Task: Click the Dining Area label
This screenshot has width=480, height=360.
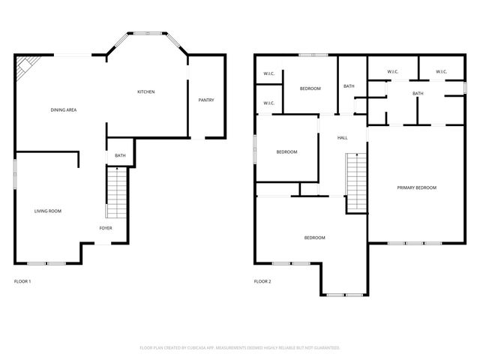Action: (x=64, y=110)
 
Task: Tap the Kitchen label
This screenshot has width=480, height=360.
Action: (x=145, y=92)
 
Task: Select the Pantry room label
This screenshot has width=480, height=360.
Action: (x=206, y=100)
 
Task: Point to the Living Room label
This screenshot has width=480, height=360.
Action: (x=48, y=211)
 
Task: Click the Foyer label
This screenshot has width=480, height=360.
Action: (x=106, y=227)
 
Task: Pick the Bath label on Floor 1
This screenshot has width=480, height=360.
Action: (x=120, y=156)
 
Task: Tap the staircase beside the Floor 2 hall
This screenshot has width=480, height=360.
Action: (x=356, y=182)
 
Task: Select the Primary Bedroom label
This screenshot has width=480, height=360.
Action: (x=416, y=187)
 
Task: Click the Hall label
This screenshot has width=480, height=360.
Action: (x=342, y=138)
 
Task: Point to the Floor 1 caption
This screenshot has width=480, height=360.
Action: (x=22, y=281)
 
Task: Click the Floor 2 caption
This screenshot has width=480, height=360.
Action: (x=262, y=281)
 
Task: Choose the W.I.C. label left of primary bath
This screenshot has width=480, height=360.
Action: (x=392, y=72)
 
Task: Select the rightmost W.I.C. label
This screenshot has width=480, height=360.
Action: (x=441, y=72)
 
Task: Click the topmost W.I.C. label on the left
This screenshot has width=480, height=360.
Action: (x=268, y=73)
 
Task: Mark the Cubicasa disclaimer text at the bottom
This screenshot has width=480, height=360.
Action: (x=240, y=347)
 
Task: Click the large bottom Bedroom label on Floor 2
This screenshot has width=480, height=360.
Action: (x=314, y=238)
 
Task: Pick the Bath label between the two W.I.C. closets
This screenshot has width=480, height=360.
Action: (x=418, y=93)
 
